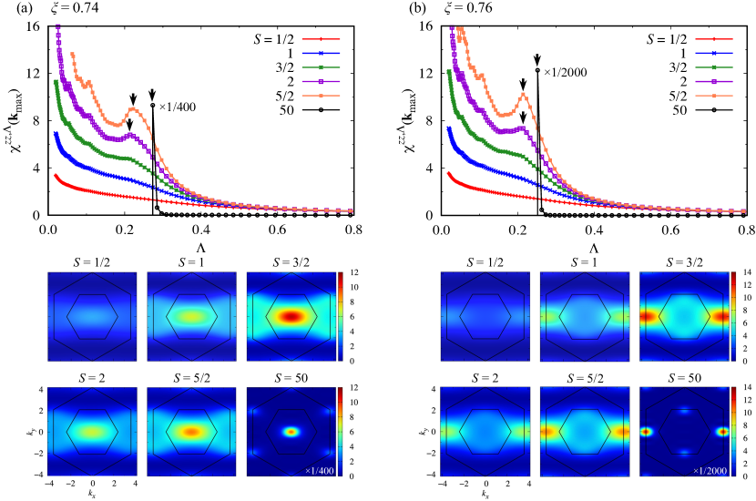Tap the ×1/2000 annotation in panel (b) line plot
567,70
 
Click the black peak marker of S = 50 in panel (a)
152,106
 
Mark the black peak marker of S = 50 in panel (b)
537,70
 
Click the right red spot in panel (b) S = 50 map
725,432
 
